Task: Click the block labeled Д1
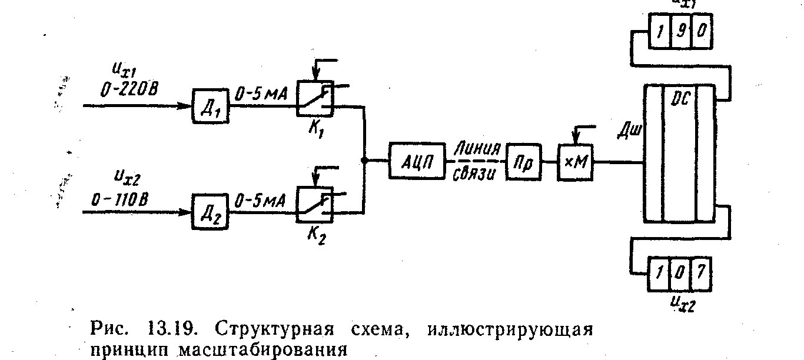pyautogui.click(x=210, y=106)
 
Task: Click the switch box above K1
pyautogui.click(x=314, y=96)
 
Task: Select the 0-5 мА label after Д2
pyautogui.click(x=260, y=201)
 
